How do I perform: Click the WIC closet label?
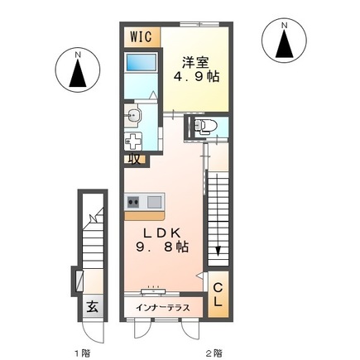[x=141, y=36]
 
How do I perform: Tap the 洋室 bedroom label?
[x=195, y=63]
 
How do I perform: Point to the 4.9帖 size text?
[x=196, y=76]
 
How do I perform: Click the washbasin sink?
[x=133, y=115]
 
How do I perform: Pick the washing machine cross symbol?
[x=133, y=142]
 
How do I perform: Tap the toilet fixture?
[x=204, y=126]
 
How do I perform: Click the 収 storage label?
[x=135, y=160]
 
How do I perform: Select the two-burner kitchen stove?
[x=133, y=202]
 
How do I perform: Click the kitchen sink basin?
[x=154, y=202]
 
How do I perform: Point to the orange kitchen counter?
[x=145, y=216]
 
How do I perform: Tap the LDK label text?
[x=161, y=233]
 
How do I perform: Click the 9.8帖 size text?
[x=162, y=247]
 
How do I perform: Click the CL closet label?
[x=218, y=295]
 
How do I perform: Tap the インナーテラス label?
[x=162, y=307]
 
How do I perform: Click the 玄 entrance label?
[x=93, y=307]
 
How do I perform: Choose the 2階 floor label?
[x=214, y=353]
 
